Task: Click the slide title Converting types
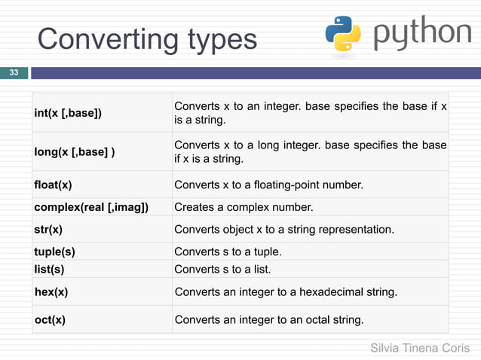click(147, 39)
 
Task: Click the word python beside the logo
click(422, 34)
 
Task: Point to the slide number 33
click(14, 73)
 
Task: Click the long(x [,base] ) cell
click(75, 152)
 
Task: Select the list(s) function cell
click(49, 269)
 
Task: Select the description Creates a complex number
click(244, 207)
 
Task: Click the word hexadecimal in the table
click(335, 291)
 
